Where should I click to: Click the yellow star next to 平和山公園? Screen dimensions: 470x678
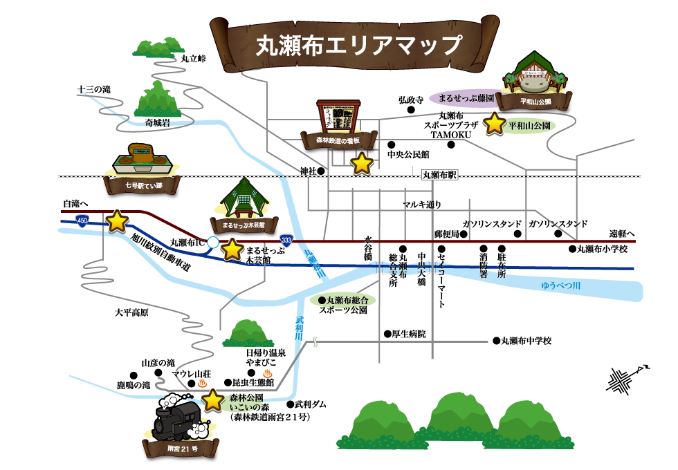[495, 124]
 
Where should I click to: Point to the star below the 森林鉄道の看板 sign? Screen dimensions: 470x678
[363, 164]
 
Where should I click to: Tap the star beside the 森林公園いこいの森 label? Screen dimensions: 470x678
[213, 399]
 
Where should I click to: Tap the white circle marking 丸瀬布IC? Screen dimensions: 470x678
[212, 242]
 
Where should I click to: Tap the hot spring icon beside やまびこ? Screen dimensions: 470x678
[268, 374]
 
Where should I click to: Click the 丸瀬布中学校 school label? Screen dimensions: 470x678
[526, 340]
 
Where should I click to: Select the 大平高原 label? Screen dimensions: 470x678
[131, 312]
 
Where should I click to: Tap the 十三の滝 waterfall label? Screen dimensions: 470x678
[94, 89]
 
